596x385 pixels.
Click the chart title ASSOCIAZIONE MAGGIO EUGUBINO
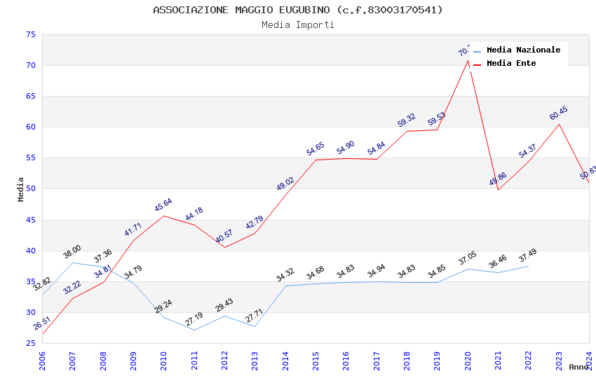point(297,10)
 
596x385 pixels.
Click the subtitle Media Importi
point(297,24)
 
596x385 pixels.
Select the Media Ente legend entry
point(511,63)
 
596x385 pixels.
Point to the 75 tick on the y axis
point(29,35)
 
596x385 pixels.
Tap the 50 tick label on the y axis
point(29,189)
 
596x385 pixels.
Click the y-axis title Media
point(21,189)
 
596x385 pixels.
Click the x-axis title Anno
point(578,367)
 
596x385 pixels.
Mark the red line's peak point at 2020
point(468,59)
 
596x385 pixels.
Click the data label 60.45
point(559,113)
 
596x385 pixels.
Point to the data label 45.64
point(163,205)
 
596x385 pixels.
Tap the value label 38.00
point(72,252)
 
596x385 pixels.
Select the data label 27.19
point(194,319)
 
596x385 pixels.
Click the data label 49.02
point(285,184)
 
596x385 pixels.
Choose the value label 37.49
point(529,256)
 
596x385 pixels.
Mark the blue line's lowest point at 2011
point(194,330)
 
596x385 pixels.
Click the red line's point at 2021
point(498,190)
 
